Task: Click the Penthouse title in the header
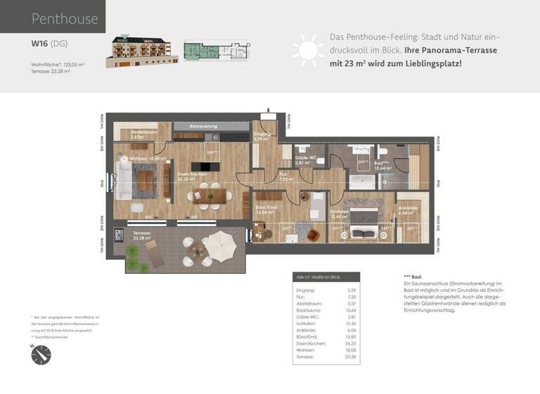65,19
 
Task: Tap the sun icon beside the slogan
307,51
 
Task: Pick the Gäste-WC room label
304,158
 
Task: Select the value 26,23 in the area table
349,342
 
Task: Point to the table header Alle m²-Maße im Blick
326,277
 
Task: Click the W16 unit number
39,43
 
